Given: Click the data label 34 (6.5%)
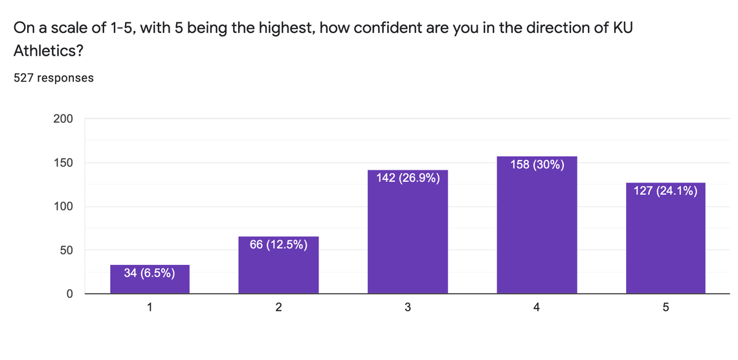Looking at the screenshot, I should click(x=150, y=273).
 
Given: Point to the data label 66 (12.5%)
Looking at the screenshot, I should click(x=278, y=244).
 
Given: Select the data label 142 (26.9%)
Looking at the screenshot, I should click(x=408, y=177).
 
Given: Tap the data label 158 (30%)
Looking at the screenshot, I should click(x=537, y=164).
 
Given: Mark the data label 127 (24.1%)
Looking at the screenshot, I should click(x=665, y=190).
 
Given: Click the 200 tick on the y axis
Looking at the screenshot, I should click(x=63, y=119).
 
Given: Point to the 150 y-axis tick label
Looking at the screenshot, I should click(x=63, y=163).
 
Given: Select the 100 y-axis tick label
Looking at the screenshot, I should click(x=63, y=207).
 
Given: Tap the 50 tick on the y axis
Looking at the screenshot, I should click(x=66, y=251).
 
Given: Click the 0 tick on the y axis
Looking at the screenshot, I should click(x=69, y=294).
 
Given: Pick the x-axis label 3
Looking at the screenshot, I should click(x=408, y=308).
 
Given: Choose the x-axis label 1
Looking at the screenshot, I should click(x=150, y=308).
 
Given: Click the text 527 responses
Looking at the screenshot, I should click(x=54, y=78).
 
